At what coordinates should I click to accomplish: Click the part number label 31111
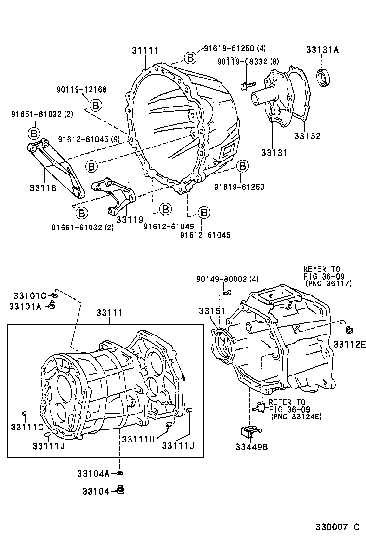click(x=145, y=50)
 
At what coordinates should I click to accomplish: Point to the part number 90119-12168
click(x=81, y=89)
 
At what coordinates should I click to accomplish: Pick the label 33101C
click(x=29, y=295)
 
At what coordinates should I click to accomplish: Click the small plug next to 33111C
click(x=25, y=413)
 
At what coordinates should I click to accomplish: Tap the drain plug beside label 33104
click(x=120, y=491)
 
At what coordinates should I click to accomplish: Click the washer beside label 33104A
click(x=120, y=474)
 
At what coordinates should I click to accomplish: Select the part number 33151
click(x=212, y=312)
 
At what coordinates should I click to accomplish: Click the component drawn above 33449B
click(x=250, y=431)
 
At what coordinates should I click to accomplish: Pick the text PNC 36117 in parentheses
click(x=328, y=283)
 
